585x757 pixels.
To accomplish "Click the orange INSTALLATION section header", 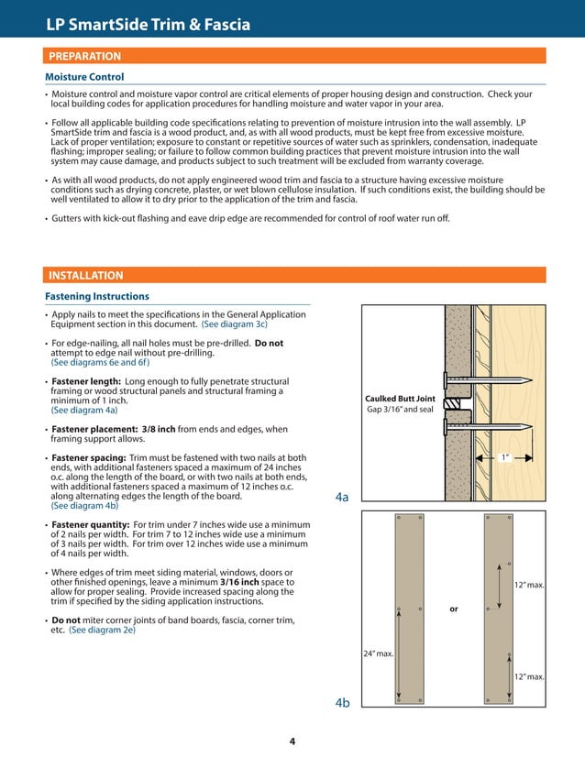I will point(85,275).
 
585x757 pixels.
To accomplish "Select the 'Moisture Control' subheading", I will point(84,77).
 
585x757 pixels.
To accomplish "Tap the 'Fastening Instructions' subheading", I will point(97,296).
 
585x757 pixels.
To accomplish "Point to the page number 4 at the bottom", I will point(292,741).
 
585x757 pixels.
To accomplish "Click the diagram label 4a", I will point(341,497).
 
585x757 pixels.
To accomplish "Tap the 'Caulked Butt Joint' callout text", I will point(400,399).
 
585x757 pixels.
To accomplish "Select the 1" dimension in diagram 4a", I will point(505,455).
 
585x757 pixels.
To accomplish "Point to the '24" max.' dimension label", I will point(379,653).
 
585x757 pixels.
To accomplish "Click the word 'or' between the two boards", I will point(453,609).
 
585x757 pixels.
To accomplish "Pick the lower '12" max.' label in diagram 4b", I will point(529,676).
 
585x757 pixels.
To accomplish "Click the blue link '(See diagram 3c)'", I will point(234,324).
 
